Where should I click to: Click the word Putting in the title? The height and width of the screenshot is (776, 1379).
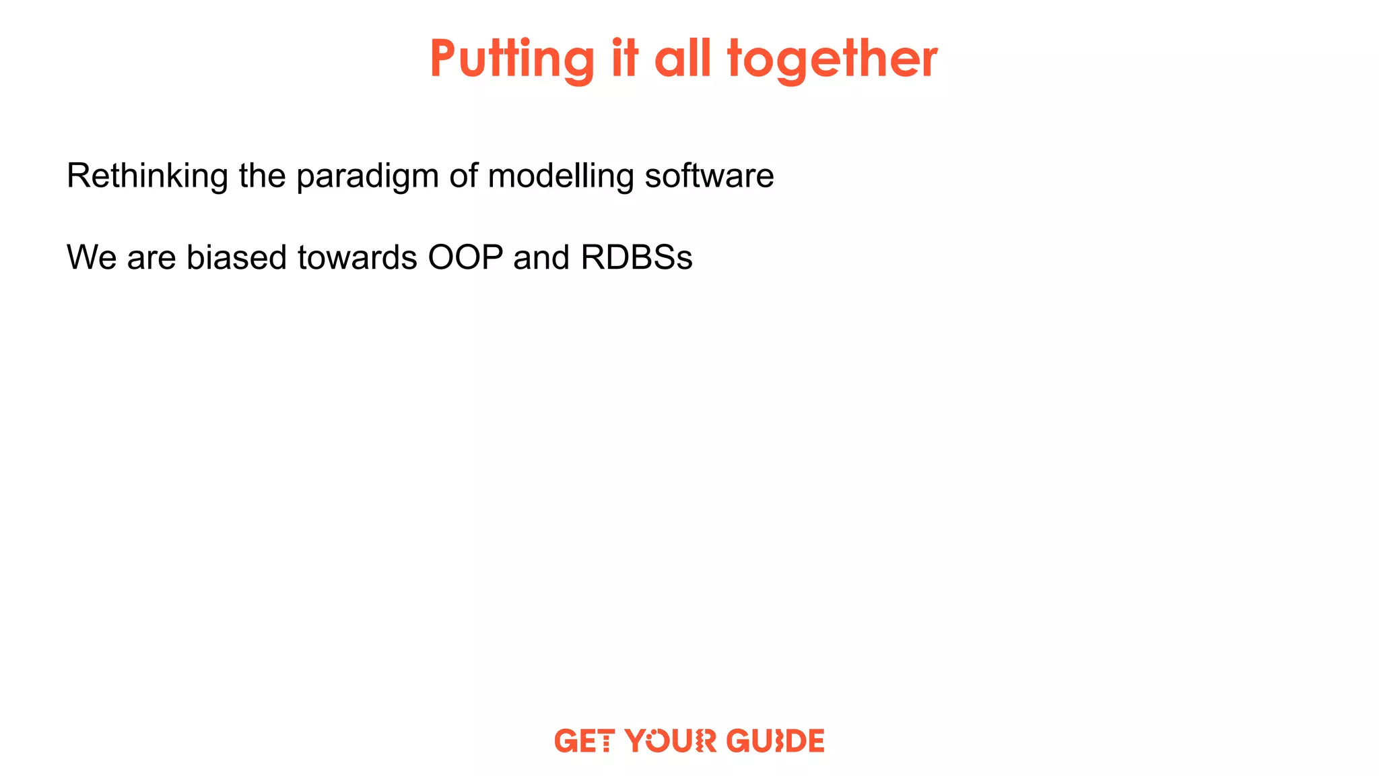512,59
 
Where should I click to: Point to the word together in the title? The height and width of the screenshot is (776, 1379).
832,59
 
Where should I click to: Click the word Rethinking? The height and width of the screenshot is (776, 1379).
147,176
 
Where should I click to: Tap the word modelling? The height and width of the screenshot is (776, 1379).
561,176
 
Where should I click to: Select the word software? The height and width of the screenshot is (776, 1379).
709,176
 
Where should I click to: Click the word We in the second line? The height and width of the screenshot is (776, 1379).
92,257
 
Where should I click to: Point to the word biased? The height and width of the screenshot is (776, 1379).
236,257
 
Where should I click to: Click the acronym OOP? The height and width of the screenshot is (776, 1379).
465,257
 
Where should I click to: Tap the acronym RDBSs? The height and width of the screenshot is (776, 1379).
636,257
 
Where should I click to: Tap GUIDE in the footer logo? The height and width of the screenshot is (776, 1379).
775,741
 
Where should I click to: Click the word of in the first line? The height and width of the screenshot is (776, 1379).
464,176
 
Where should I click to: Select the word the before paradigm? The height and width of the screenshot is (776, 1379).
262,176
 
